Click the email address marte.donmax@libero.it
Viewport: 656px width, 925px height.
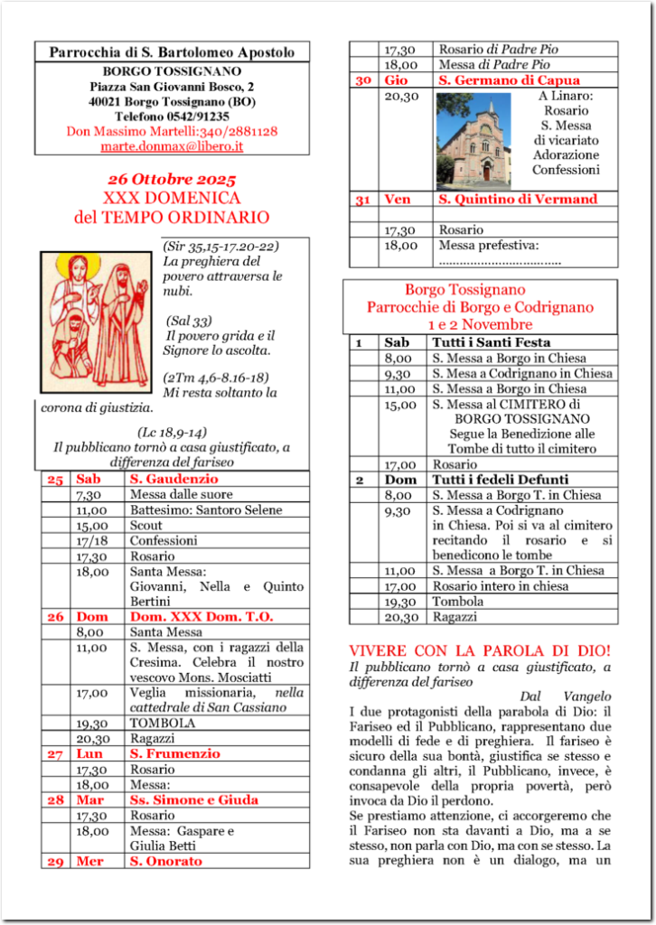click(172, 145)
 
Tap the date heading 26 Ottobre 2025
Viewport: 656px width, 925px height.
click(172, 179)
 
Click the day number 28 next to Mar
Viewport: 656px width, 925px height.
click(55, 799)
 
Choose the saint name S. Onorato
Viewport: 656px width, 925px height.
click(166, 861)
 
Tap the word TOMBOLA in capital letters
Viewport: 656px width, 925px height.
click(163, 723)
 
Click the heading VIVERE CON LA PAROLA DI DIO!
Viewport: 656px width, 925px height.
click(480, 650)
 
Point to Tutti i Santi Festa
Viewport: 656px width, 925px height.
click(491, 342)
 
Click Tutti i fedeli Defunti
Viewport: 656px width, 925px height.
click(500, 480)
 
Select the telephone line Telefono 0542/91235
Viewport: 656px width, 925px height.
click(172, 117)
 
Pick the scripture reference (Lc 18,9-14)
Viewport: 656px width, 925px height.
click(172, 432)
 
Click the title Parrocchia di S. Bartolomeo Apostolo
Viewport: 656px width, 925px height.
click(172, 52)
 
